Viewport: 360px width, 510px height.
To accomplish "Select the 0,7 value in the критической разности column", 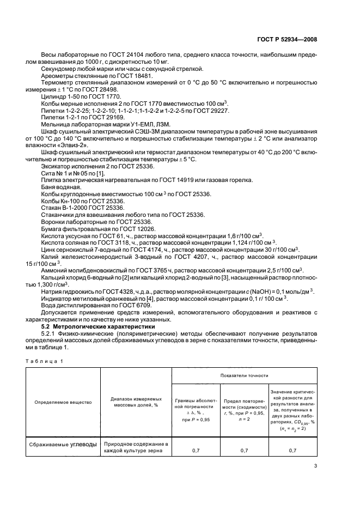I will point(292,450).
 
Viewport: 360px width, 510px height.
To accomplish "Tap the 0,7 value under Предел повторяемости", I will point(244,450).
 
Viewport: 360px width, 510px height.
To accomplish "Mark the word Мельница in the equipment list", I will point(56,123).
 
